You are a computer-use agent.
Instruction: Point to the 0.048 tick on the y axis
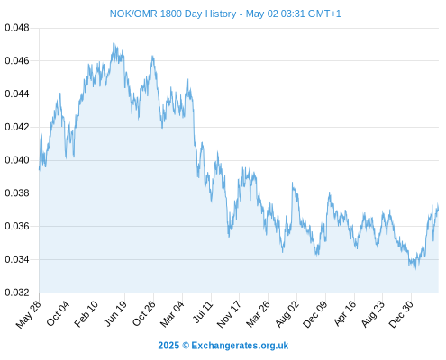click(x=17, y=28)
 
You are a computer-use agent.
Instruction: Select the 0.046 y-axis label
click(x=17, y=61)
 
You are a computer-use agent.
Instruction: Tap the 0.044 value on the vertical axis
click(x=17, y=94)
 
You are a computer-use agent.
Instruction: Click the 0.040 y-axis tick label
click(x=17, y=160)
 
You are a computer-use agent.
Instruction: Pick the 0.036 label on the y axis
click(x=17, y=226)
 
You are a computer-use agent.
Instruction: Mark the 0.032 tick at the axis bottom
click(x=17, y=292)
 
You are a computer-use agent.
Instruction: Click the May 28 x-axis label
click(x=29, y=314)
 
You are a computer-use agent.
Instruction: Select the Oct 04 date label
click(x=58, y=313)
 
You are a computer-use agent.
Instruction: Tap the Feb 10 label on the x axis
click(x=86, y=314)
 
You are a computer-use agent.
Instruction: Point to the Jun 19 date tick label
click(x=115, y=314)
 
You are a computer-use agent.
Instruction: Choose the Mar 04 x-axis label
click(x=172, y=314)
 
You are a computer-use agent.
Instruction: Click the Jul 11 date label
click(x=203, y=312)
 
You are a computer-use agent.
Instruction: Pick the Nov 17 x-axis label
click(x=229, y=314)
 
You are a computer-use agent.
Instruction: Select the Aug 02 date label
click(x=287, y=314)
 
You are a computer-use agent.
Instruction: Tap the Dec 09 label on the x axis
click(x=315, y=314)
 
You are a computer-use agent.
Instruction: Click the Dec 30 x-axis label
click(x=401, y=314)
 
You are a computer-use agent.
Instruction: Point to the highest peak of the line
click(x=114, y=43)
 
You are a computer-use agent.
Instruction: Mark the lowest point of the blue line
click(x=415, y=269)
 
